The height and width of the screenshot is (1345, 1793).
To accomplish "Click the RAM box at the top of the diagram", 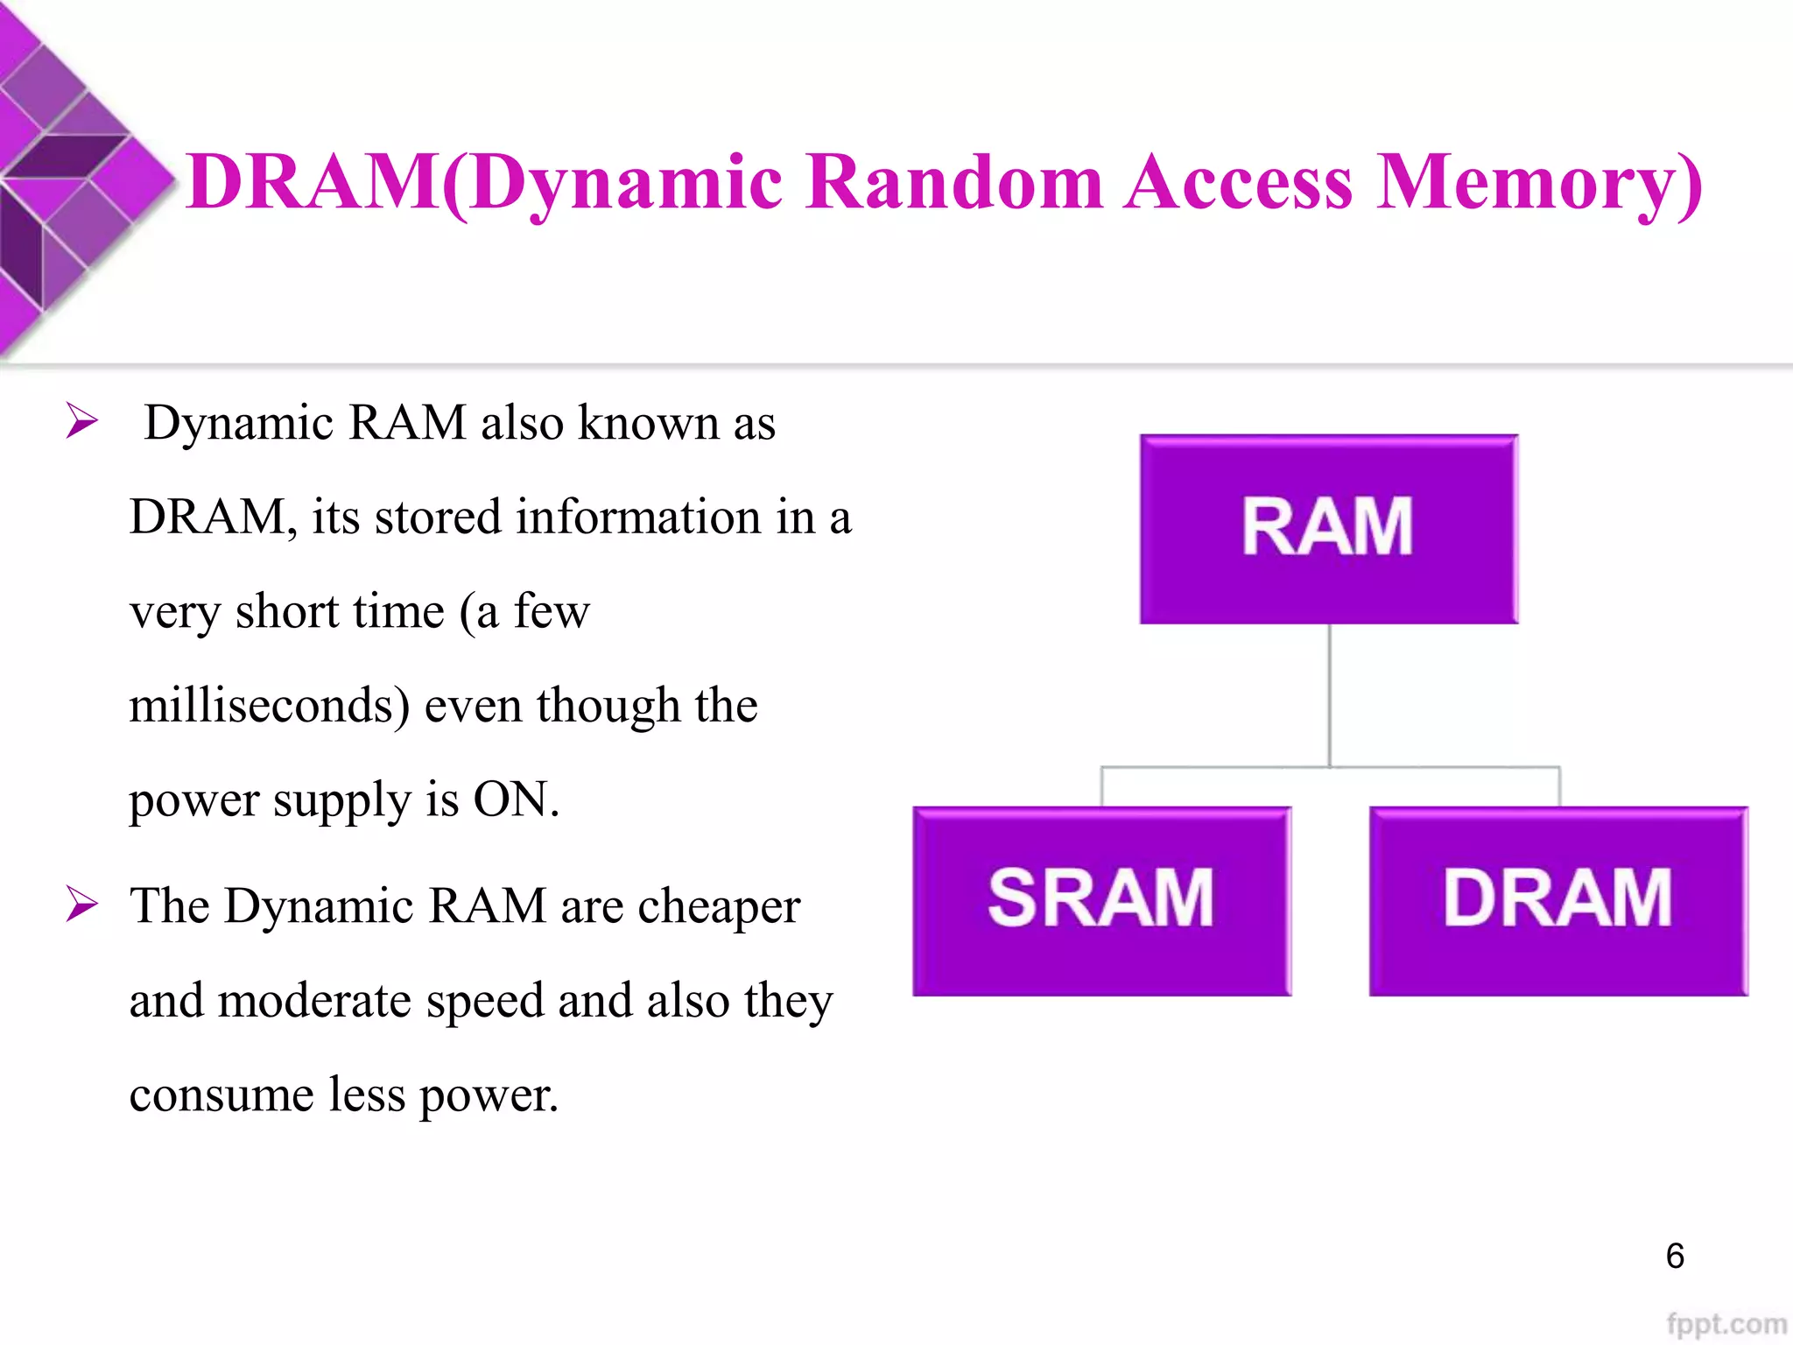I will coord(1328,529).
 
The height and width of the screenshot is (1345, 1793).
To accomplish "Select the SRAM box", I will coord(1101,900).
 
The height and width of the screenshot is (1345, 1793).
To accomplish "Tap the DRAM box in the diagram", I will coord(1557,900).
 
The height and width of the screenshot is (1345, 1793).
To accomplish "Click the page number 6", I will coord(1674,1257).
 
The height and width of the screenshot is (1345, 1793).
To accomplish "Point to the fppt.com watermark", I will coord(1726,1324).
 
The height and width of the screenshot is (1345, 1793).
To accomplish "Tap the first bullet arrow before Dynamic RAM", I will coord(82,422).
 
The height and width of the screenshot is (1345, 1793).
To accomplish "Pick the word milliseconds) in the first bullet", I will coord(269,706).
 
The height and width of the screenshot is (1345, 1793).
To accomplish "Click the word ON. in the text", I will coord(516,799).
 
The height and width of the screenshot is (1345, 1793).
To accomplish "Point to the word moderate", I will coord(313,1001).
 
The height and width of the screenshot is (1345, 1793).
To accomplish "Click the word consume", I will coord(221,1095).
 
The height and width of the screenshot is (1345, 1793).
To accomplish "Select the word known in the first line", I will coord(648,423).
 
